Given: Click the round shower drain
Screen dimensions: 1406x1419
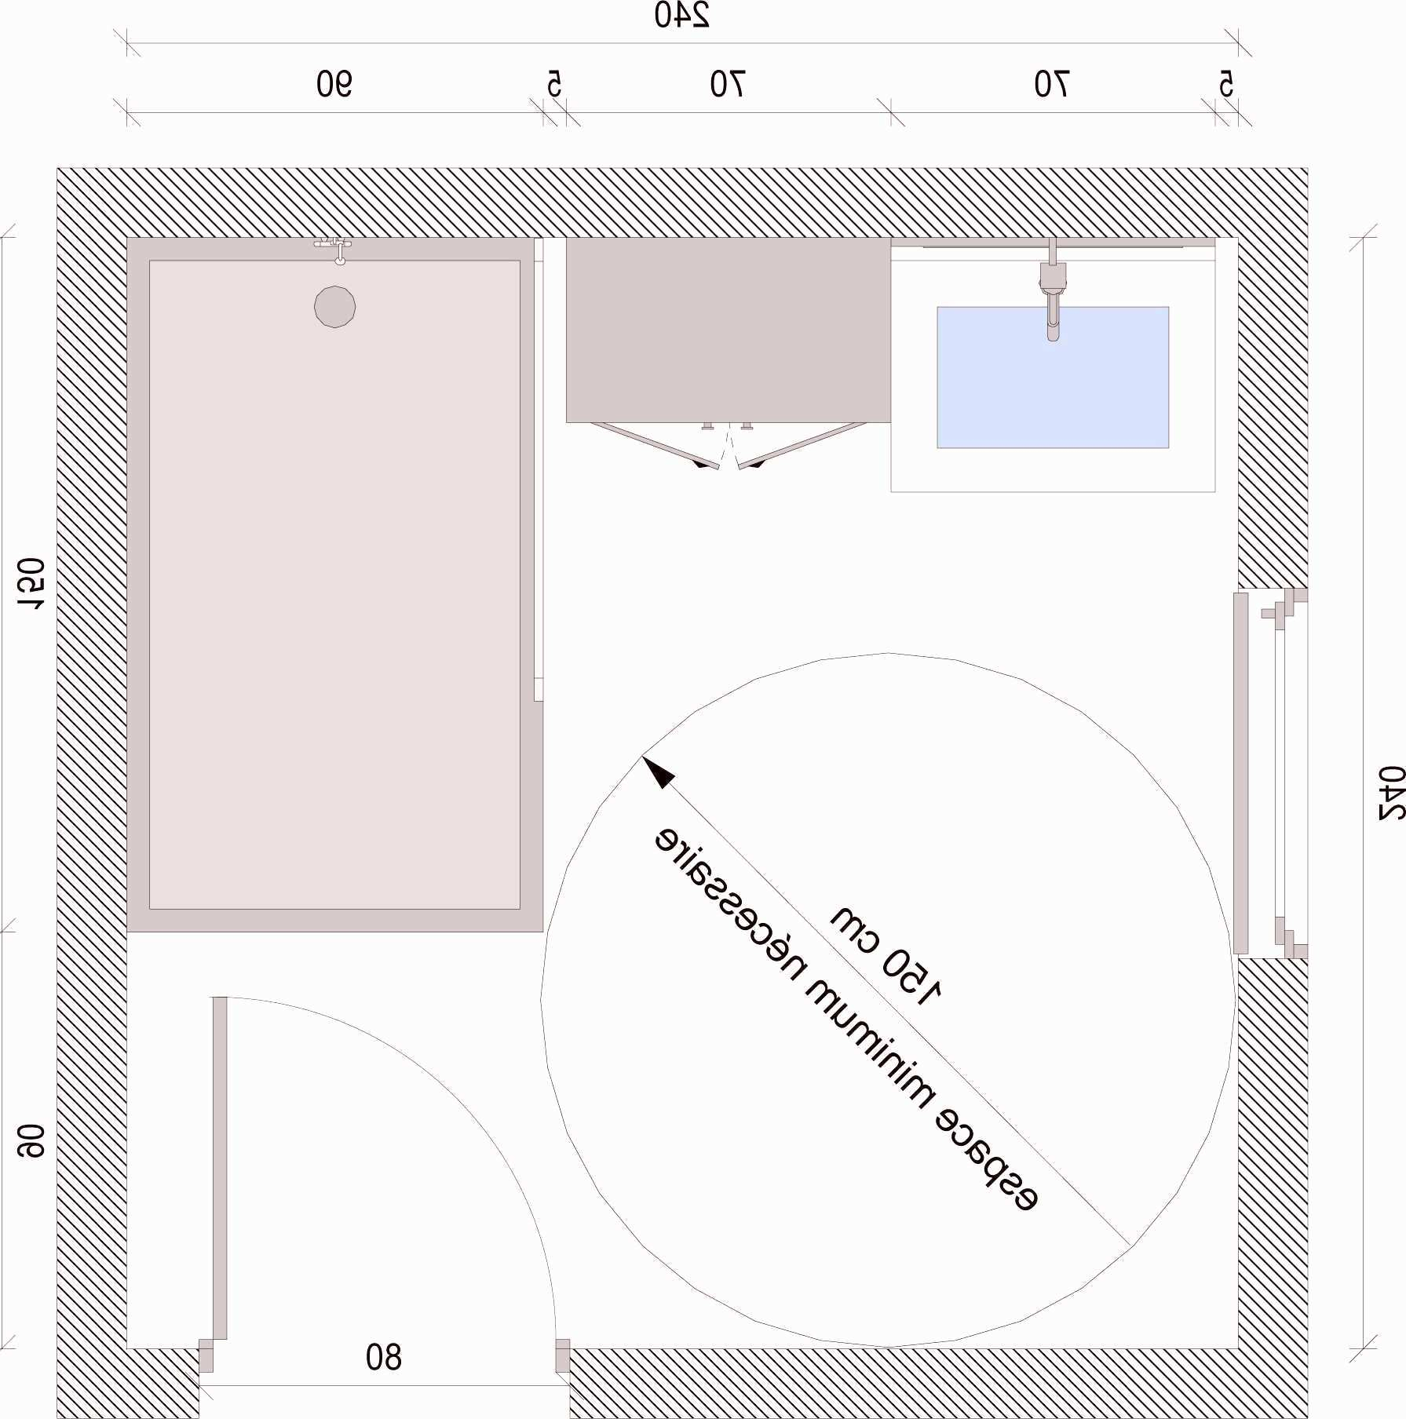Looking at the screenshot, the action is click(334, 307).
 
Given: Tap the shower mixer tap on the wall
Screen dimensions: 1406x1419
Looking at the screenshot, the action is click(334, 248).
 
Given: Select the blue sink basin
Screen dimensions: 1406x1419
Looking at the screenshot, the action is click(1053, 378).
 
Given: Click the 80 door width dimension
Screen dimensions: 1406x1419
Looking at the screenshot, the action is click(383, 1356).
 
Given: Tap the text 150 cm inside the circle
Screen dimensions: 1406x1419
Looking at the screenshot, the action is click(887, 955).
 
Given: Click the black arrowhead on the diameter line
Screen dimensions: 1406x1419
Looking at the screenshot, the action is click(658, 772).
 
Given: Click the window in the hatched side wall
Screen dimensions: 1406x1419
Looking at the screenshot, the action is click(1270, 773).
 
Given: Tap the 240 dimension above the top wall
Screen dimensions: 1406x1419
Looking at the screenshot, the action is click(681, 16).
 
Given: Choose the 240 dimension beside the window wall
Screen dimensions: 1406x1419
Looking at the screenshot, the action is click(1392, 793).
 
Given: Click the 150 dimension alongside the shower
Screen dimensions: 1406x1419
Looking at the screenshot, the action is click(31, 584).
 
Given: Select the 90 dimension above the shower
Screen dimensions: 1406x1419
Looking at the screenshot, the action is click(334, 84).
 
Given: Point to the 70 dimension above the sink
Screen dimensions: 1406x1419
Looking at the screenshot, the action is click(1051, 84).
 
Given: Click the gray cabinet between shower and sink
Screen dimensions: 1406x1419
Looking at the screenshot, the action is click(729, 330).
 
